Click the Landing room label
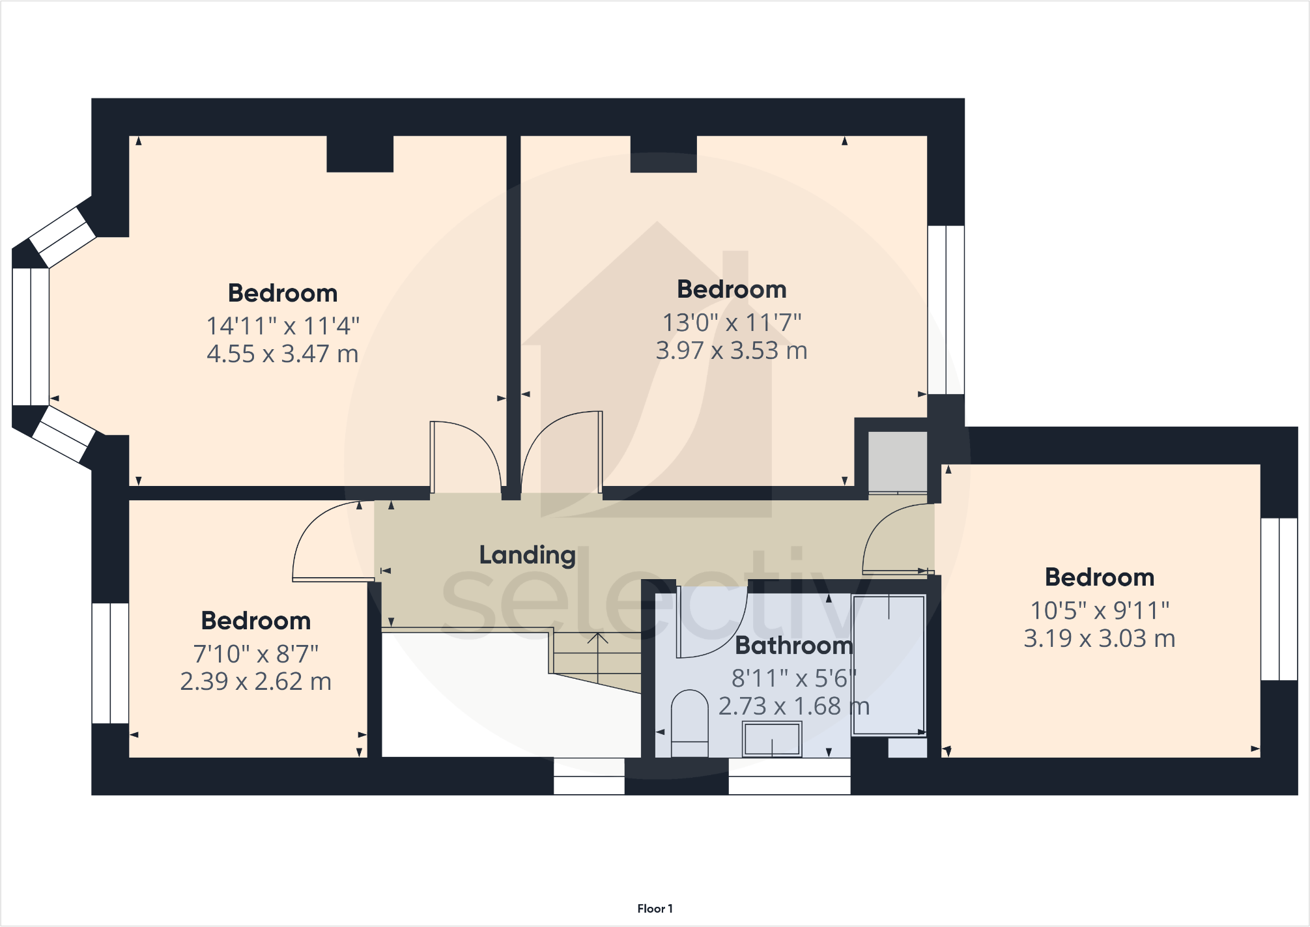[x=527, y=555]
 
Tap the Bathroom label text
[x=793, y=646]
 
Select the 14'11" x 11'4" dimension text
[x=283, y=326]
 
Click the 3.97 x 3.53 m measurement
[x=732, y=350]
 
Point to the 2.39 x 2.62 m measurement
[x=256, y=681]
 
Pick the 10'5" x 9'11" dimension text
[x=1099, y=610]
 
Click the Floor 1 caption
[x=655, y=908]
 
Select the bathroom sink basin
[x=772, y=740]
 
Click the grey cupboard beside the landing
[x=898, y=461]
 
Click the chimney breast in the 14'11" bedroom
[x=360, y=154]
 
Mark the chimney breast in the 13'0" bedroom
[x=663, y=154]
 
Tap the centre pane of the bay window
[x=30, y=337]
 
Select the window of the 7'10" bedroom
[x=109, y=663]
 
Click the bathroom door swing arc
[x=713, y=625]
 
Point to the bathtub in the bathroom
[x=889, y=664]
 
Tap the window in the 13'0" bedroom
[x=945, y=309]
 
